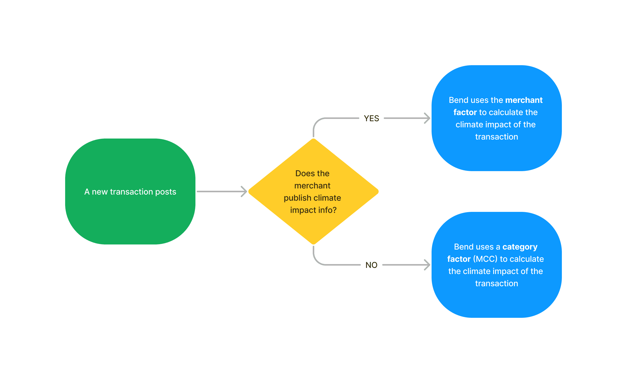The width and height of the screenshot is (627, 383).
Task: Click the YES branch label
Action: coord(371,118)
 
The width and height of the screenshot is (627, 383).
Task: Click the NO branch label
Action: coord(371,265)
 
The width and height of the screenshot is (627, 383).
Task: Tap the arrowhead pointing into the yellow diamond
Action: coord(244,191)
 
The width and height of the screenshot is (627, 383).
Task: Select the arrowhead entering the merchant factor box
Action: coord(427,118)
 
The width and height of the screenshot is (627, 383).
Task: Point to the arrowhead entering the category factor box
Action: coord(427,265)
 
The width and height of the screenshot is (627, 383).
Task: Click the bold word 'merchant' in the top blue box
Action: coord(524,100)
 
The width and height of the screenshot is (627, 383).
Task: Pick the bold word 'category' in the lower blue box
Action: coord(520,247)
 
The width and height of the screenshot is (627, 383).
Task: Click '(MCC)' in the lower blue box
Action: coord(485,259)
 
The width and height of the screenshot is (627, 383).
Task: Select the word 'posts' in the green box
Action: coord(166,192)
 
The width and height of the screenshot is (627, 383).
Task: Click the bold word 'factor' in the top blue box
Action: coord(465,112)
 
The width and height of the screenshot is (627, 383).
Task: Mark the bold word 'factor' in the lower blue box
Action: coord(459,259)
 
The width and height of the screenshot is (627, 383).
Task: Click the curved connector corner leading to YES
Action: coord(317,122)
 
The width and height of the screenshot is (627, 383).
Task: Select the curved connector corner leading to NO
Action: coord(317,261)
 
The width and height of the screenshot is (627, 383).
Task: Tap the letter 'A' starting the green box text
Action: coord(87,192)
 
